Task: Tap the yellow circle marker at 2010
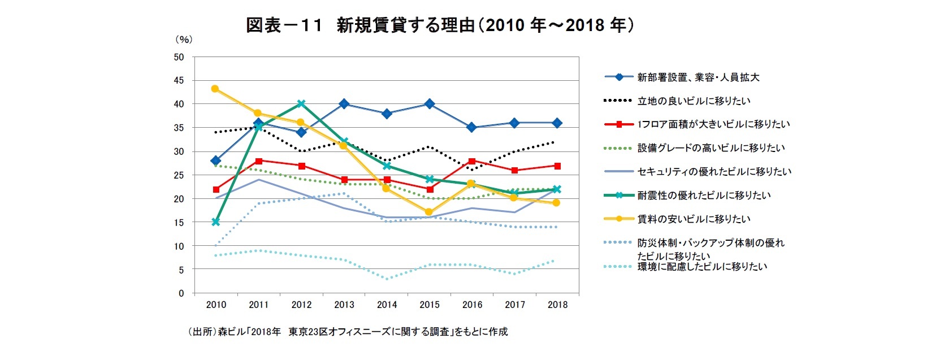215,89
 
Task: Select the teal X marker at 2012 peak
301,103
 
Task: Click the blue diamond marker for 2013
344,104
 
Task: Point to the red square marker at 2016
473,161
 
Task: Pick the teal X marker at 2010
215,222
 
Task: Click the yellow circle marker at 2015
429,212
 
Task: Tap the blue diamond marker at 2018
557,123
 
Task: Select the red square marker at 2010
216,189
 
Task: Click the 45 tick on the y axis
179,81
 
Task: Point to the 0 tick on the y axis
181,293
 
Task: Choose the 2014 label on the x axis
387,305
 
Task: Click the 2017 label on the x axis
515,305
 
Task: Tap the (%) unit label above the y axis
184,40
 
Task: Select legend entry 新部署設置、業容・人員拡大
698,77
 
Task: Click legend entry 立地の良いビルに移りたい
694,101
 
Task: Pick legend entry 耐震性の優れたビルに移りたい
704,195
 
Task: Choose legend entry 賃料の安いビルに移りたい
694,219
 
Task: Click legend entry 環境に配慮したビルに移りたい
702,266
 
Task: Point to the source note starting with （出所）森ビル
348,332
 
